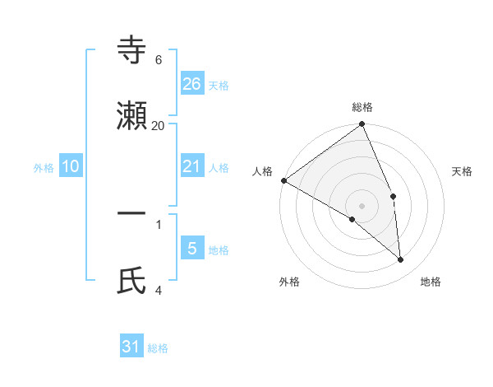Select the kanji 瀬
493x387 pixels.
point(131,116)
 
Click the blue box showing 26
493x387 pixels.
point(192,83)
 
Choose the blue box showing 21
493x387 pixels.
point(192,166)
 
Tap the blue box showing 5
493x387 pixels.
point(192,249)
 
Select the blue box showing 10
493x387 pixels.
point(71,166)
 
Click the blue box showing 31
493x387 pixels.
point(131,347)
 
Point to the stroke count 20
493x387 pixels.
point(159,125)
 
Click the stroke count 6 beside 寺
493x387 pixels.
point(159,60)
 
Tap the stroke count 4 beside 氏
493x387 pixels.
point(159,289)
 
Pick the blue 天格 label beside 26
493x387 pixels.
point(219,86)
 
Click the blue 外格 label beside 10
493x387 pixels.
point(44,168)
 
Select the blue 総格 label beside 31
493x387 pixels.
point(158,349)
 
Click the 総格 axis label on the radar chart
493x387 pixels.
point(362,107)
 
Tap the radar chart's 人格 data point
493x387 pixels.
point(283,180)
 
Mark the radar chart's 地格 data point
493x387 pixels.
point(401,260)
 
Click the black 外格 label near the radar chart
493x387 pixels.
point(289,282)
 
